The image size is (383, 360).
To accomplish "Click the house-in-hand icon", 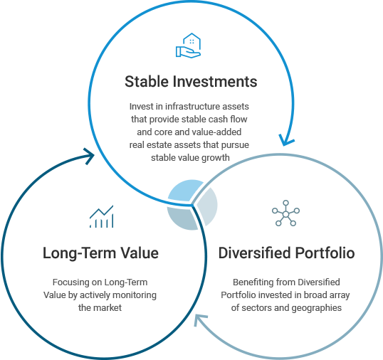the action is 188,46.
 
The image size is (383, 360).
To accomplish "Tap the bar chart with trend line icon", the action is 101,216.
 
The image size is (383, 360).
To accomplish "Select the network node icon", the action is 285,213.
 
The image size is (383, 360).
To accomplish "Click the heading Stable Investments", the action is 191,82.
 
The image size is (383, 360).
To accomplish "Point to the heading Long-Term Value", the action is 100,253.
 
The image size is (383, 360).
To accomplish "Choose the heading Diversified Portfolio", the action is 286,253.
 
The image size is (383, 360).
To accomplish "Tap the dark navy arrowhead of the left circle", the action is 88,156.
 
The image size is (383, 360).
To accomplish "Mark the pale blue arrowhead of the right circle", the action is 200,319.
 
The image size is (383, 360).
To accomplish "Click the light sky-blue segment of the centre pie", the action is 186,191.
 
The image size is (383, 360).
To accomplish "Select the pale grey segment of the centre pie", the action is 208,206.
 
